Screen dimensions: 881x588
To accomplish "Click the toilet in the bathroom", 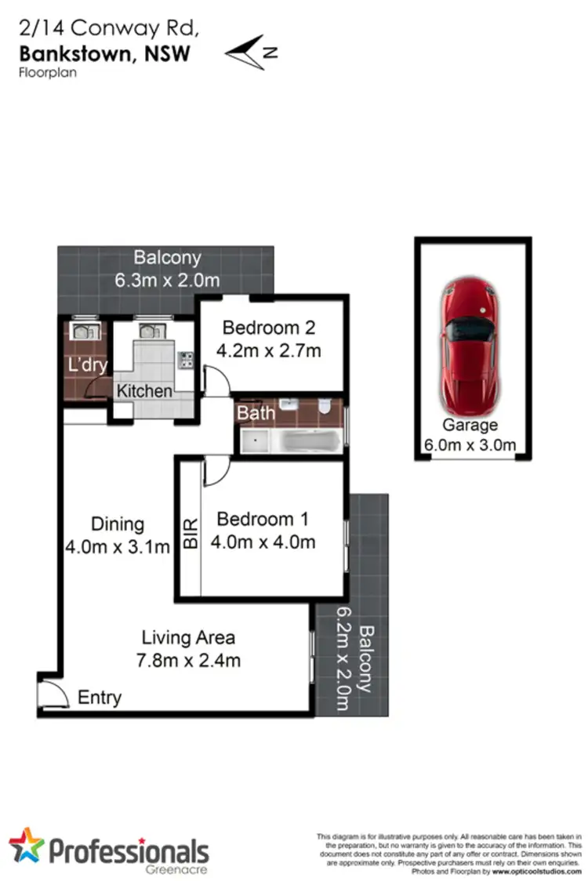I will tap(327, 408).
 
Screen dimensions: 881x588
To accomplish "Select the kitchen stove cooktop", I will tap(186, 360).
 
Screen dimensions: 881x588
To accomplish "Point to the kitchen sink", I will tap(147, 331).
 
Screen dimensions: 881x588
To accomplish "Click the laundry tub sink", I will tap(80, 331).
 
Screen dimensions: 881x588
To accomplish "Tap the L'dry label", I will tap(87, 365).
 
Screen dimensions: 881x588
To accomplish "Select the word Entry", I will tap(100, 697).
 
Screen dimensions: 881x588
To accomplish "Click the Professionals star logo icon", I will tap(27, 846).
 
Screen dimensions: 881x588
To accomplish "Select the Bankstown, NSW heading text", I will tap(105, 53).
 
